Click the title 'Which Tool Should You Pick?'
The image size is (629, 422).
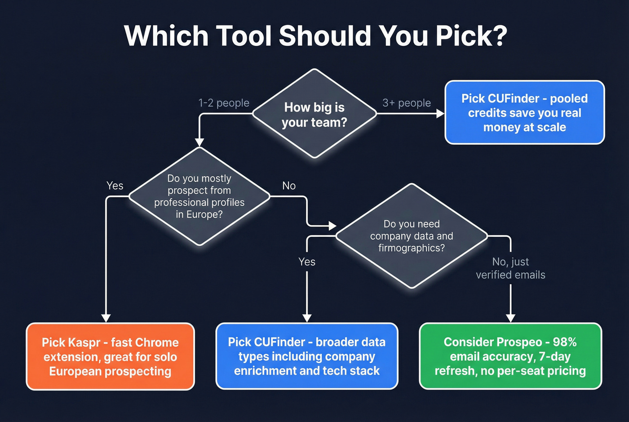coord(315,36)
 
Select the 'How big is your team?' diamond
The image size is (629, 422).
coord(314,114)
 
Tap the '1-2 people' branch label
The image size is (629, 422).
coord(224,103)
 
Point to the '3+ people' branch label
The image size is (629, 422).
coord(407,103)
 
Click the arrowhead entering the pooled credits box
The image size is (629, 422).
coord(440,114)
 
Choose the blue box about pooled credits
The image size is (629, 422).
coord(524,113)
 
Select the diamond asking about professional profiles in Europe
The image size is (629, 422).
coord(199,196)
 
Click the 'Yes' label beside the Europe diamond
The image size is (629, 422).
coord(115,186)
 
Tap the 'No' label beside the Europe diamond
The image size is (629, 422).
coord(289,186)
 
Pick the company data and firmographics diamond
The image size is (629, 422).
coord(412,236)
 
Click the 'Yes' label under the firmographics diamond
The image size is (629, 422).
coord(307,262)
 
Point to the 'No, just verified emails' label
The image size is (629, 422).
coord(510,268)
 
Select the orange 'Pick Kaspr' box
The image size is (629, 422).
coord(110,356)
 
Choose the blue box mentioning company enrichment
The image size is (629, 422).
coord(307,356)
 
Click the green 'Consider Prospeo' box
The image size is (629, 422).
coord(510,356)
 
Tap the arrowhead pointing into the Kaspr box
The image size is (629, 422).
coord(106,318)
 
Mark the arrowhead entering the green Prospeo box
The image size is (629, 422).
coord(510,318)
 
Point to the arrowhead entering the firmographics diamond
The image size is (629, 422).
coord(332,226)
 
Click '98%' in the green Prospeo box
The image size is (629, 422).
coord(565,342)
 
